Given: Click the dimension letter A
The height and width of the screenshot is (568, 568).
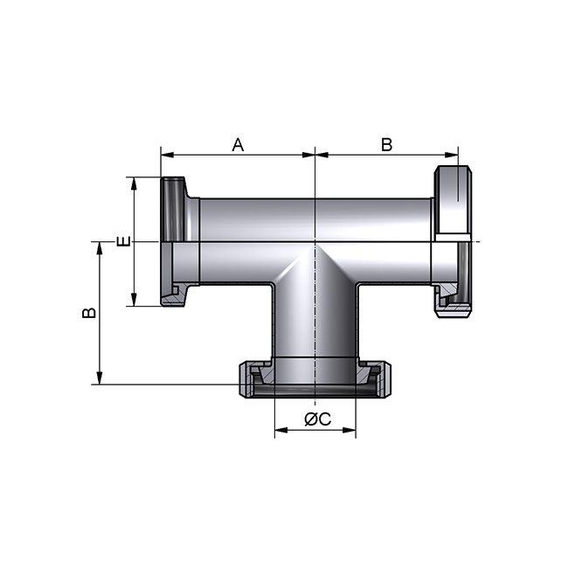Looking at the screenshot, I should (237, 144).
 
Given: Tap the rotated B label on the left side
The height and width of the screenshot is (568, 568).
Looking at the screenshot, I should (88, 312).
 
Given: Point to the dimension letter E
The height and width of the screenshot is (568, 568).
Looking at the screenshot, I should (123, 241).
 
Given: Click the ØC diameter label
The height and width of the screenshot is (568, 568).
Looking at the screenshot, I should (316, 419).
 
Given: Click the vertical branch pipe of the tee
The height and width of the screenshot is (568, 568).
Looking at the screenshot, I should (315, 323).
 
